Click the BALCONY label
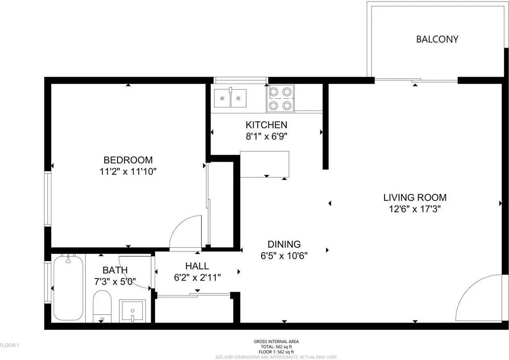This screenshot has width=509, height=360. point(437,39)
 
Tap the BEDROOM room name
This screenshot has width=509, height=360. point(128,160)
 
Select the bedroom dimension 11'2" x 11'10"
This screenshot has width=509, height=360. point(128,172)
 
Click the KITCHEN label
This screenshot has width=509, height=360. point(266,125)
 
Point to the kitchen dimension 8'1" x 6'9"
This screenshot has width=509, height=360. point(266,136)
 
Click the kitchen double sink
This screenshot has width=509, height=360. point(230,98)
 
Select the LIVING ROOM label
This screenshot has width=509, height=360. point(415,197)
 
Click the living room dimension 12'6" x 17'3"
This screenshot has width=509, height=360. point(415,208)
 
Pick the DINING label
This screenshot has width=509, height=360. point(284,244)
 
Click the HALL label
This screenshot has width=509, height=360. point(197,266)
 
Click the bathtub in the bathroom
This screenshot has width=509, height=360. point(68,287)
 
